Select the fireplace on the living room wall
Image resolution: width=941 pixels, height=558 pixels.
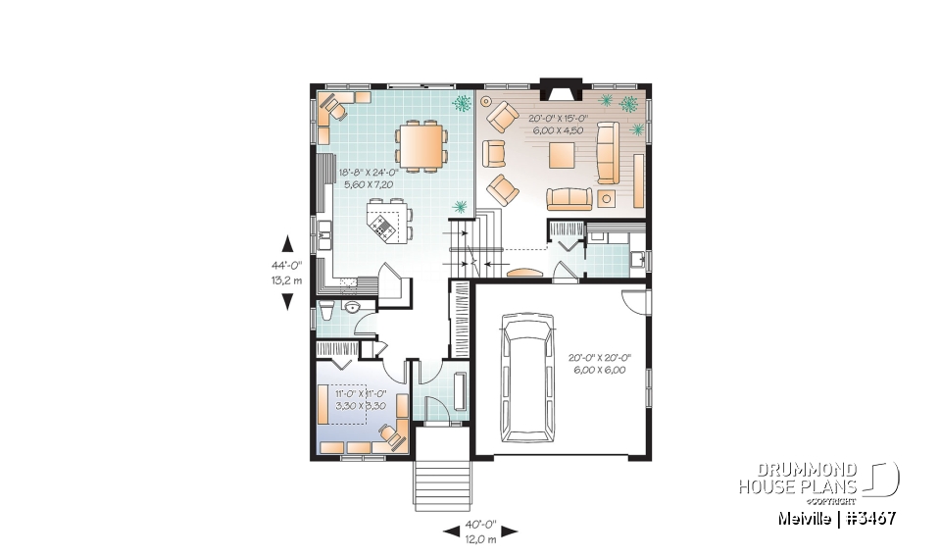(x=562, y=92)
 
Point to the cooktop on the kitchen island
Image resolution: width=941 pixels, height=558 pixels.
(x=383, y=228)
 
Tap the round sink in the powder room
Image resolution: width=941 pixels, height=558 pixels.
(x=354, y=307)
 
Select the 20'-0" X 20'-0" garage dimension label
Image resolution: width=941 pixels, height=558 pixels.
(x=596, y=363)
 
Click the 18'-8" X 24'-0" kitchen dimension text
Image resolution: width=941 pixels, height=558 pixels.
(x=366, y=178)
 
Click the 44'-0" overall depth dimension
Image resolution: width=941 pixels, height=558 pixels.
(x=287, y=271)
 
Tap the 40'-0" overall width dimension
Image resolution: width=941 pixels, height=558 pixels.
(x=479, y=531)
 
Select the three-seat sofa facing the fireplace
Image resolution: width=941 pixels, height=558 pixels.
(x=570, y=198)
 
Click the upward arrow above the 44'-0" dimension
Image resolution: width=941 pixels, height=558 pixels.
(x=287, y=243)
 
